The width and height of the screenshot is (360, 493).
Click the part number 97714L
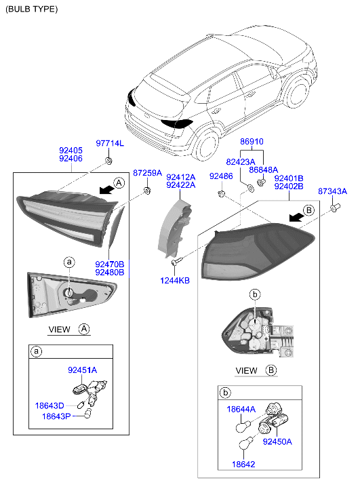pos(110,143)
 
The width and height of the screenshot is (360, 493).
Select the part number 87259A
pos(147,173)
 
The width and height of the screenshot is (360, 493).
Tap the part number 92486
pos(221,176)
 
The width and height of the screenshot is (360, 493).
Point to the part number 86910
pos(252,142)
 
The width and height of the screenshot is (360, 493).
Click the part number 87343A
pos(332,191)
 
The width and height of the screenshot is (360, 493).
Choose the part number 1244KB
pos(175,281)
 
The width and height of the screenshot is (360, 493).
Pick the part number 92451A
pos(83,370)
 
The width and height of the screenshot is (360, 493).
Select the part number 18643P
pos(56,416)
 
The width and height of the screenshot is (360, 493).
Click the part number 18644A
pos(241,410)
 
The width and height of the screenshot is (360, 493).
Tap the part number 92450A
pos(277,441)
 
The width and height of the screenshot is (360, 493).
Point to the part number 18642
pos(243,464)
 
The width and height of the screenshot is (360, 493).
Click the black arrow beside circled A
pos(106,189)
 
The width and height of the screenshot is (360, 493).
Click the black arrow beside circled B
pos(296,216)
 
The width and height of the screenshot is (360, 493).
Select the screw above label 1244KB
pos(177,261)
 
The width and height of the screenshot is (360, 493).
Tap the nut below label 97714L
pos(108,161)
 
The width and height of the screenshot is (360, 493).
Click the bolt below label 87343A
pos(335,208)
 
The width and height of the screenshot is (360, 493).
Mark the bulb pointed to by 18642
pos(246,443)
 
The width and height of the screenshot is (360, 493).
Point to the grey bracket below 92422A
pos(174,229)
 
